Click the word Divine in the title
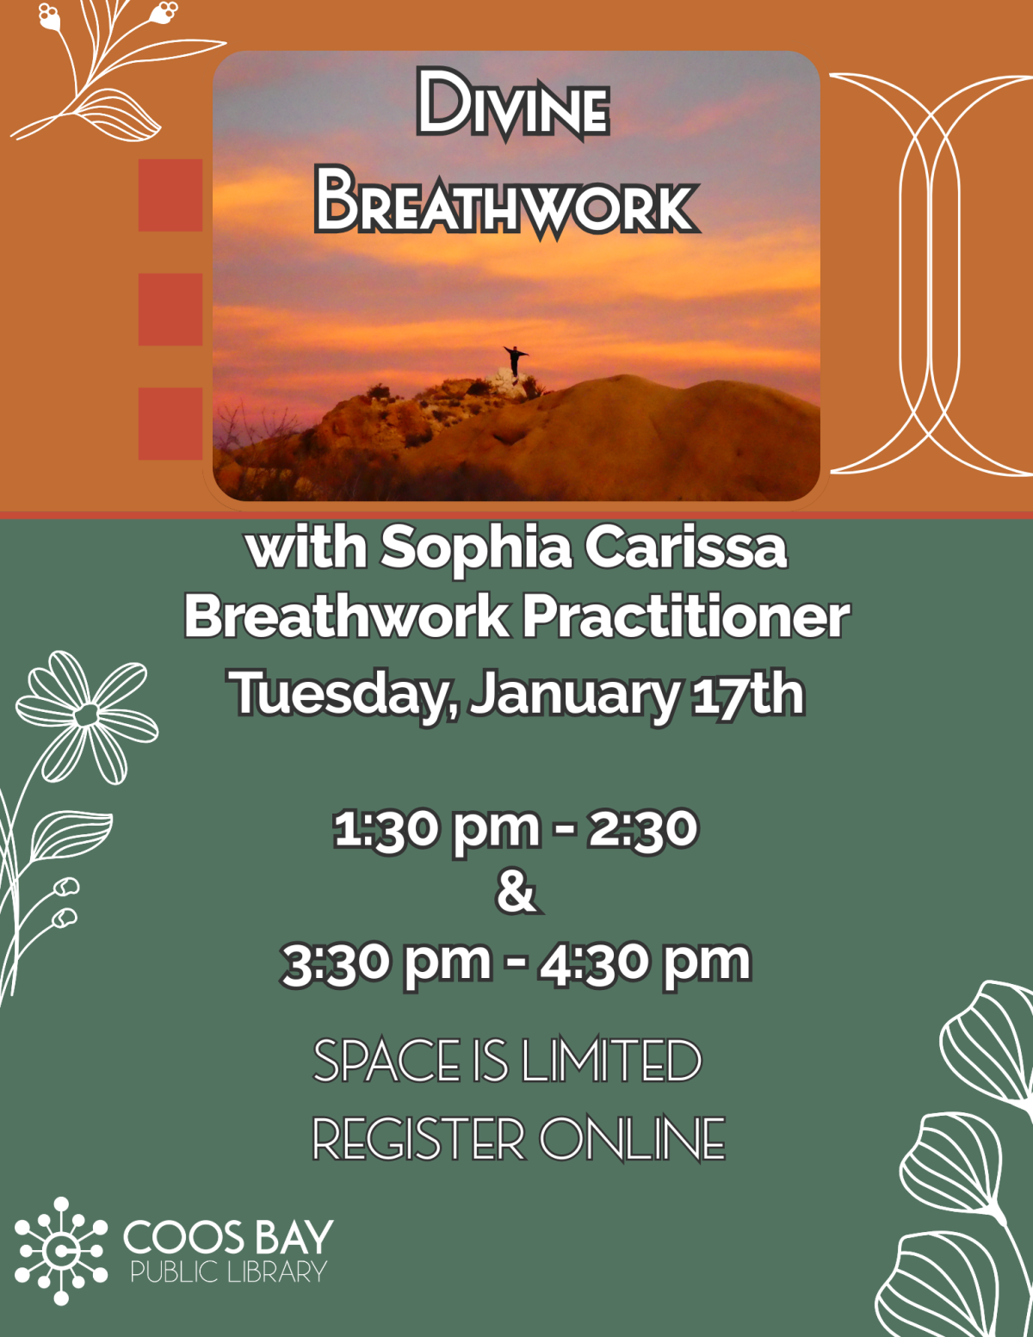513,105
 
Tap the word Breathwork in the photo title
507,204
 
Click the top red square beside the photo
170,195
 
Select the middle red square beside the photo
170,309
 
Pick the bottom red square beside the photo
170,423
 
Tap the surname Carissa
685,548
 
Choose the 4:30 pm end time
645,962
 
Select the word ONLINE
632,1139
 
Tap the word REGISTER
418,1139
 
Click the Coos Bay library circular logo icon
60,1250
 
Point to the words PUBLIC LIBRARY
228,1272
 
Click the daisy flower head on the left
87,715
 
